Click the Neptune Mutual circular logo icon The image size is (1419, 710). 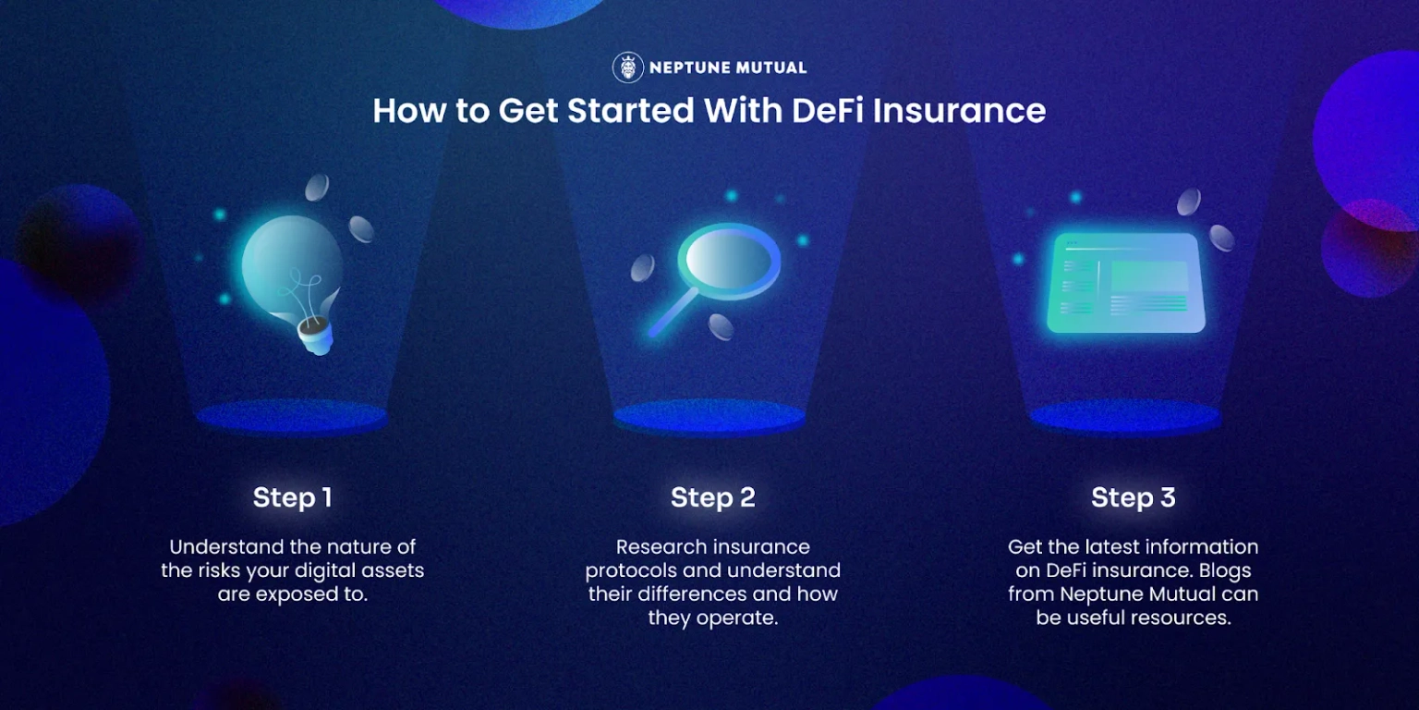click(x=628, y=67)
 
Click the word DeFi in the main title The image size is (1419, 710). click(x=828, y=110)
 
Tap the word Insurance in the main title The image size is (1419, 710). click(x=959, y=110)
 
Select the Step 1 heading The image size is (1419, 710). click(x=292, y=497)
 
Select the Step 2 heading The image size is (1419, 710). click(x=712, y=497)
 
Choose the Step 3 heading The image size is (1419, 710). click(x=1134, y=497)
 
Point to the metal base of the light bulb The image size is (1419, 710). click(x=315, y=335)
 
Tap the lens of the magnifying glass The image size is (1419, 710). click(x=729, y=261)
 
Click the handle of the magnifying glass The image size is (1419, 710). click(x=673, y=312)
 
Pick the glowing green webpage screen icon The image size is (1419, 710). click(x=1126, y=283)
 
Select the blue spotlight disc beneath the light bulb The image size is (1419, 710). click(x=291, y=417)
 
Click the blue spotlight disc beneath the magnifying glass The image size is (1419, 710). click(x=709, y=417)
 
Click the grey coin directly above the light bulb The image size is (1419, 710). click(x=317, y=188)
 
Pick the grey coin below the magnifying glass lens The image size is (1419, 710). click(x=721, y=326)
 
